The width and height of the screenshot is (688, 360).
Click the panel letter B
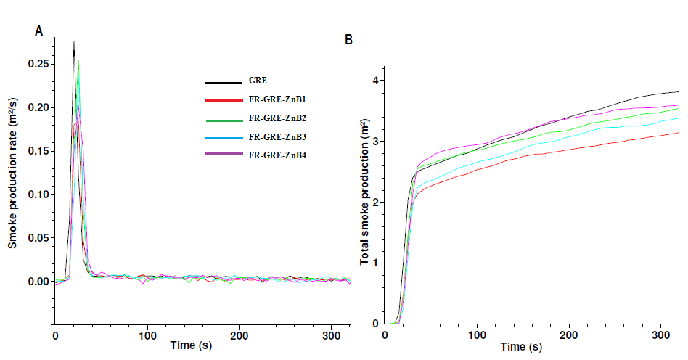coord(349,40)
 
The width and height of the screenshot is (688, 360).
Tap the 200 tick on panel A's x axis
coord(240,335)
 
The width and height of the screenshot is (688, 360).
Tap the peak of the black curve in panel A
coord(74,42)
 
